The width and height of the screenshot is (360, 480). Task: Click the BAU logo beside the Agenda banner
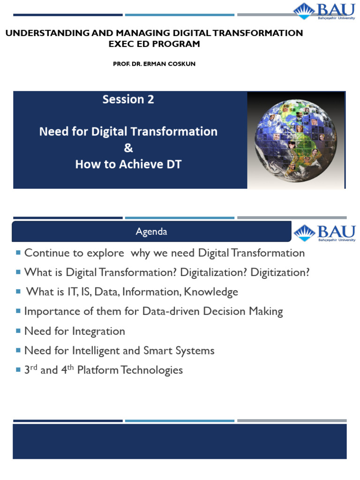(324, 233)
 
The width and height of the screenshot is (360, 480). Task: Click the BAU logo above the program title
(324, 11)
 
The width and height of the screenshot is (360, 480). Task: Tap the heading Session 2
(128, 99)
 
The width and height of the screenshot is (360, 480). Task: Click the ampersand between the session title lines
(128, 148)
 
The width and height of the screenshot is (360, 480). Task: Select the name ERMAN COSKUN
(169, 64)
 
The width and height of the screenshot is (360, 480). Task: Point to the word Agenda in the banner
(151, 232)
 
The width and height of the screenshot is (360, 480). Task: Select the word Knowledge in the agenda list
(211, 292)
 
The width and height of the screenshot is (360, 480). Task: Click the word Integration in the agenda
(98, 331)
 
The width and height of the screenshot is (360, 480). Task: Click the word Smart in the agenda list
(157, 351)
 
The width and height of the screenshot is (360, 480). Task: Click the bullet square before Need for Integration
(18, 330)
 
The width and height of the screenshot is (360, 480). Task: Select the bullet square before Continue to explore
(18, 253)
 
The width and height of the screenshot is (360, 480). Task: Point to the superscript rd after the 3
(34, 367)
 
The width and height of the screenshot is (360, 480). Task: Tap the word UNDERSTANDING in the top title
(48, 33)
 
